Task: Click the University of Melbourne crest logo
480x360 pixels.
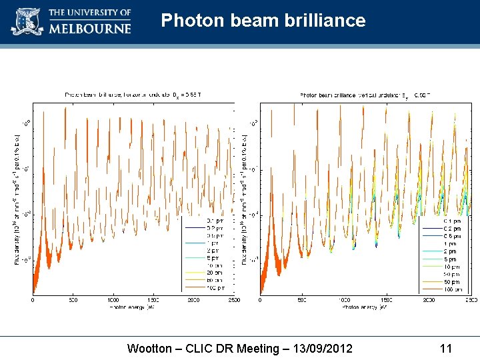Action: coord(27,21)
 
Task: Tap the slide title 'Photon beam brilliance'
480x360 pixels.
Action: coord(263,21)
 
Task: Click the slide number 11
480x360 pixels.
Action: coord(446,348)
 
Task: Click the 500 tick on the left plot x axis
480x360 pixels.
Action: coord(73,300)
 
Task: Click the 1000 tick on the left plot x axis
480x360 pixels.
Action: coord(113,300)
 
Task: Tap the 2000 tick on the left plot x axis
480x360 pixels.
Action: coord(193,300)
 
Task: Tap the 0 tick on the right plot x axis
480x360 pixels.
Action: coord(260,300)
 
